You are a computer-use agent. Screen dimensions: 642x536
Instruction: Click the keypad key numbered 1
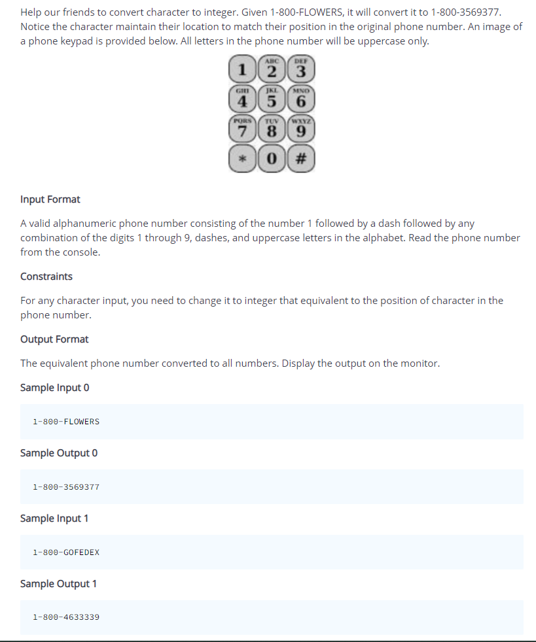point(242,69)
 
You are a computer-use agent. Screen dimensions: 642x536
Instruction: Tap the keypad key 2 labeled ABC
point(272,69)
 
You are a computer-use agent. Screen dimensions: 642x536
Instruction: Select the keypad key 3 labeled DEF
point(302,69)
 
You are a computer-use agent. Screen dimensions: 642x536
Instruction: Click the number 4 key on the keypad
point(242,100)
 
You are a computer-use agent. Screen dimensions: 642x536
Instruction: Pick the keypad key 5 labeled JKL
point(272,100)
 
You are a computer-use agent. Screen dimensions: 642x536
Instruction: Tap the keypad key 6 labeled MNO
point(302,100)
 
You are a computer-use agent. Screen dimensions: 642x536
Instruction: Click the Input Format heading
point(50,199)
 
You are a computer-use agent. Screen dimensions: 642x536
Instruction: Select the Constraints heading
point(46,276)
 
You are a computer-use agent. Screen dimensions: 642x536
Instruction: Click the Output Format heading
point(54,339)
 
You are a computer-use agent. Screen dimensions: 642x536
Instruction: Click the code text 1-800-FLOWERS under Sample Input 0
point(66,422)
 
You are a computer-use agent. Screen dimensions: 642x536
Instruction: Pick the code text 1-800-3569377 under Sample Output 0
point(66,487)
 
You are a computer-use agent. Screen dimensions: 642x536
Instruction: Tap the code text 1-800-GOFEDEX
point(66,552)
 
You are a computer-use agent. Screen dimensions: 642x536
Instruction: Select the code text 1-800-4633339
point(66,617)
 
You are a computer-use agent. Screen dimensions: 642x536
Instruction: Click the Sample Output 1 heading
point(58,583)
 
